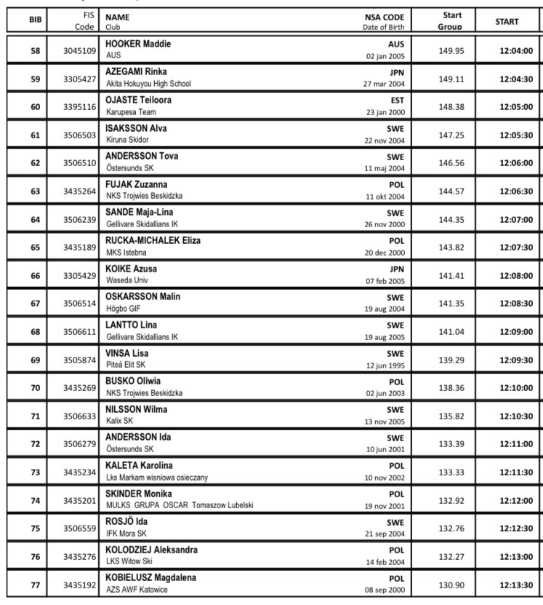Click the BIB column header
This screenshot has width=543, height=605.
coord(35,21)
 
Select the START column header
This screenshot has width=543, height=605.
coord(507,21)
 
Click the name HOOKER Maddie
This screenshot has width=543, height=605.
coord(138,44)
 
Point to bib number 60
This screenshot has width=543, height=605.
coord(35,107)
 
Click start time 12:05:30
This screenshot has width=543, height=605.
coord(516,135)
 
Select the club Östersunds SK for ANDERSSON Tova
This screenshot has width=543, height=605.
coord(130,168)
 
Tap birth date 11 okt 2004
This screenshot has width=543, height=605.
coord(385,197)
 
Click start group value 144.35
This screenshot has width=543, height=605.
coord(451,219)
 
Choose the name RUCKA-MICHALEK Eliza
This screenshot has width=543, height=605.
coord(153,240)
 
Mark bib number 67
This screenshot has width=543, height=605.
coord(35,304)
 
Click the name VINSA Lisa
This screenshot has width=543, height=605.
coord(126,353)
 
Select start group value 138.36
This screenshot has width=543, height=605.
coord(451,388)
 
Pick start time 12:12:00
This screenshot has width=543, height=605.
coord(516,501)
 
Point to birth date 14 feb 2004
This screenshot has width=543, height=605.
coord(385,562)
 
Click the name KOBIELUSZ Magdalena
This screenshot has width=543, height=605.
coord(150,577)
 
